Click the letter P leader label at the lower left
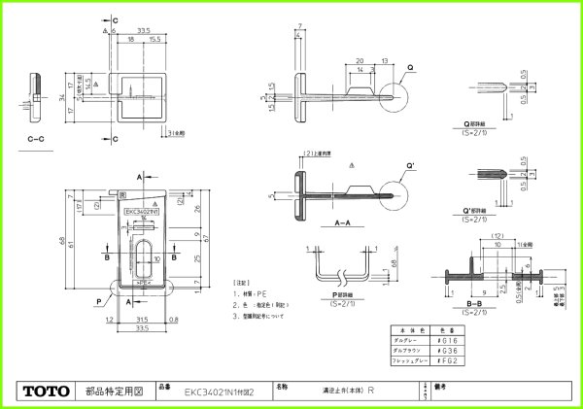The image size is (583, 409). pyautogui.click(x=98, y=302)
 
